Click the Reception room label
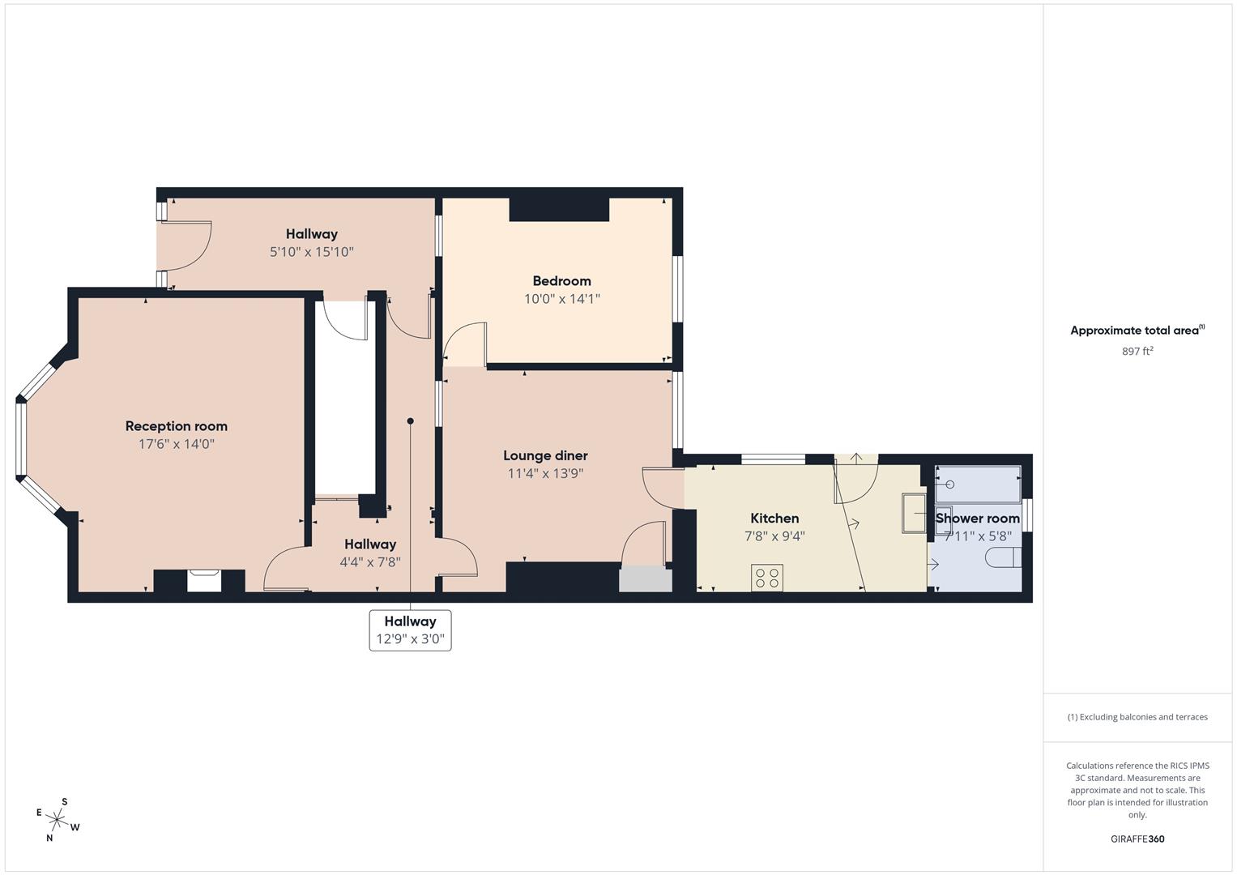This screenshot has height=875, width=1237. [176, 426]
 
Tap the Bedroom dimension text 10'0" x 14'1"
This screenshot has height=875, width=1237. [561, 299]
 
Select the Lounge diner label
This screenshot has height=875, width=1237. [545, 456]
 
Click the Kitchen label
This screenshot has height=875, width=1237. [774, 519]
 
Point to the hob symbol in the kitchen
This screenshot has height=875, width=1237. [766, 578]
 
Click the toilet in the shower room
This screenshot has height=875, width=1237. [1004, 558]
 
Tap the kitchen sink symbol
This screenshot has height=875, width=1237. [915, 513]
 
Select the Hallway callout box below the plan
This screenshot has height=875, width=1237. [410, 630]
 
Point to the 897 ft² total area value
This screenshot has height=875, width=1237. [1137, 352]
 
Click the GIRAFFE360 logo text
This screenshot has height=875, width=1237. [1137, 839]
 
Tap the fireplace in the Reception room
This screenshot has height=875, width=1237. [203, 580]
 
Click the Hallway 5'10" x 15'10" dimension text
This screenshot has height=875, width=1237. [311, 252]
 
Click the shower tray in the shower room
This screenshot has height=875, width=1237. [978, 484]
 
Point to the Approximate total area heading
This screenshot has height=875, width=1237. [1137, 331]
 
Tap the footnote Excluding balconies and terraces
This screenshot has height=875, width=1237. [1137, 717]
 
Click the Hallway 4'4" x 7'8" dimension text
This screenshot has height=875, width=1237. [370, 562]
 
